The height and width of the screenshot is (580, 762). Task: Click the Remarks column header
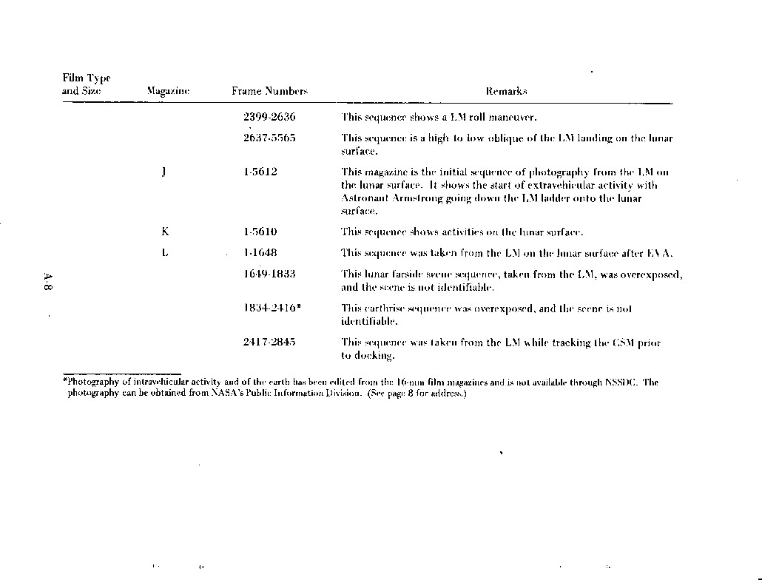tap(506, 91)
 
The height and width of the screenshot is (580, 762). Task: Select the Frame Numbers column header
tap(269, 91)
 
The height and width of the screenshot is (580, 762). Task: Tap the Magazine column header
tap(168, 91)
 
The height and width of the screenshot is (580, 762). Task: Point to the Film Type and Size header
tap(86, 84)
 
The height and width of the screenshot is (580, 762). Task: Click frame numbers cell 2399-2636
tap(269, 117)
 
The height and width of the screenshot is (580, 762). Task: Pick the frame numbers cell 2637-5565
tap(269, 138)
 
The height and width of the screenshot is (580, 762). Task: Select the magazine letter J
tap(163, 172)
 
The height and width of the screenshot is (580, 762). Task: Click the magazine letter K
tap(164, 232)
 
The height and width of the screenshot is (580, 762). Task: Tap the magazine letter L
tap(164, 253)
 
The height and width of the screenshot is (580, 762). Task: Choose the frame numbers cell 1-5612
tap(260, 172)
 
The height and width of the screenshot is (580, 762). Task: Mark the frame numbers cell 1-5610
tap(260, 232)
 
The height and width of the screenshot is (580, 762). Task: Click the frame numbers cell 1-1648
tap(260, 253)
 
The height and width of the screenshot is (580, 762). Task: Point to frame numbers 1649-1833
tap(269, 274)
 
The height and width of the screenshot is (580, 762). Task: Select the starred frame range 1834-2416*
tap(272, 308)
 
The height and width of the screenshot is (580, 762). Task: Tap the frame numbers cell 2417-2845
tap(269, 342)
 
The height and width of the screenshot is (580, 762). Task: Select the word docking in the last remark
tap(373, 355)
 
